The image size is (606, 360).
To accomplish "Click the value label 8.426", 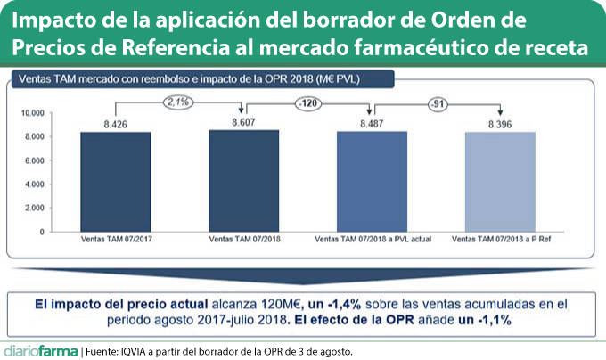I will pyautogui.click(x=115, y=125).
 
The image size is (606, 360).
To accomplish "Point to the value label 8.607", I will pyautogui.click(x=243, y=121).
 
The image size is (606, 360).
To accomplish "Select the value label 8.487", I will pyautogui.click(x=372, y=124).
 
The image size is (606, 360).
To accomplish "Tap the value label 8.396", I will pyautogui.click(x=500, y=125).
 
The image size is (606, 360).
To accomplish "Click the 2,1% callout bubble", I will pyautogui.click(x=178, y=102).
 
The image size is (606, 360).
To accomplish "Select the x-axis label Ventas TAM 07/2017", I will pyautogui.click(x=115, y=241).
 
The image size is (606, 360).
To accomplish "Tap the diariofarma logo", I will pyautogui.click(x=39, y=349).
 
